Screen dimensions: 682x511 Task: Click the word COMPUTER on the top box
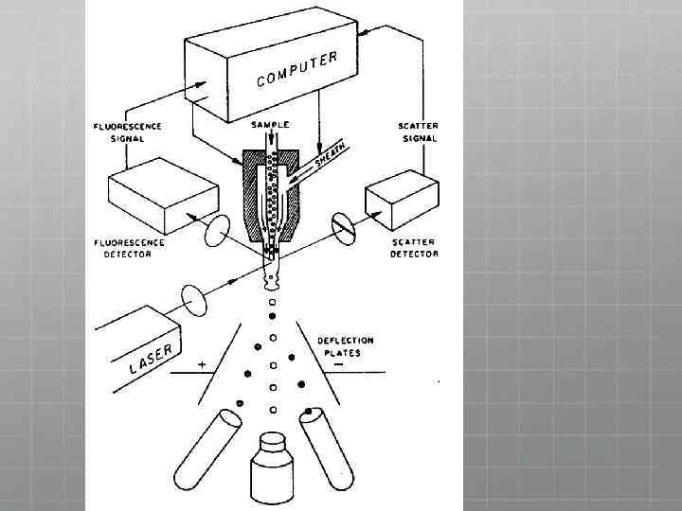[x=297, y=69]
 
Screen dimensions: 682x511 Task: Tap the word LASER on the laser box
[x=151, y=359]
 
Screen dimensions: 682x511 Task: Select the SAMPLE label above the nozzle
[x=270, y=125]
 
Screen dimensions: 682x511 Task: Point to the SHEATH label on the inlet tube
[x=330, y=155]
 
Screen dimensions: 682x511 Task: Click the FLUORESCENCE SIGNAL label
[x=128, y=132]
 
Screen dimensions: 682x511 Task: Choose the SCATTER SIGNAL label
[x=419, y=132]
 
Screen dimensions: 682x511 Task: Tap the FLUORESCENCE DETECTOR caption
[x=129, y=248]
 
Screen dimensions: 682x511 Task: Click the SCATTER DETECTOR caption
[x=414, y=248]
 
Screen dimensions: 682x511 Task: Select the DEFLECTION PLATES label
[x=346, y=346]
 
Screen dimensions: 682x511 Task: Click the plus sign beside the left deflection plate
[x=202, y=364]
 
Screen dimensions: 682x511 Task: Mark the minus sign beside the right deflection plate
[x=339, y=364]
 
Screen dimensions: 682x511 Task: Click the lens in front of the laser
[x=193, y=300]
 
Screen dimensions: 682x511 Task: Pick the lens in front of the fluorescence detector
[x=217, y=231]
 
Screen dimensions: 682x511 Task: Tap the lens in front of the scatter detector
[x=344, y=229]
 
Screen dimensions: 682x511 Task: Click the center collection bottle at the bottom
[x=272, y=468]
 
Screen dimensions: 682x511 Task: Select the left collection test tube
[x=207, y=449]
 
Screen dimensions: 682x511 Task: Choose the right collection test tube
[x=326, y=449]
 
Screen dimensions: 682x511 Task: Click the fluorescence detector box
[x=163, y=196]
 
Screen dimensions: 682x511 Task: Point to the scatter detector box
[x=402, y=200]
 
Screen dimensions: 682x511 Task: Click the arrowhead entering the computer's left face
[x=201, y=84]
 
